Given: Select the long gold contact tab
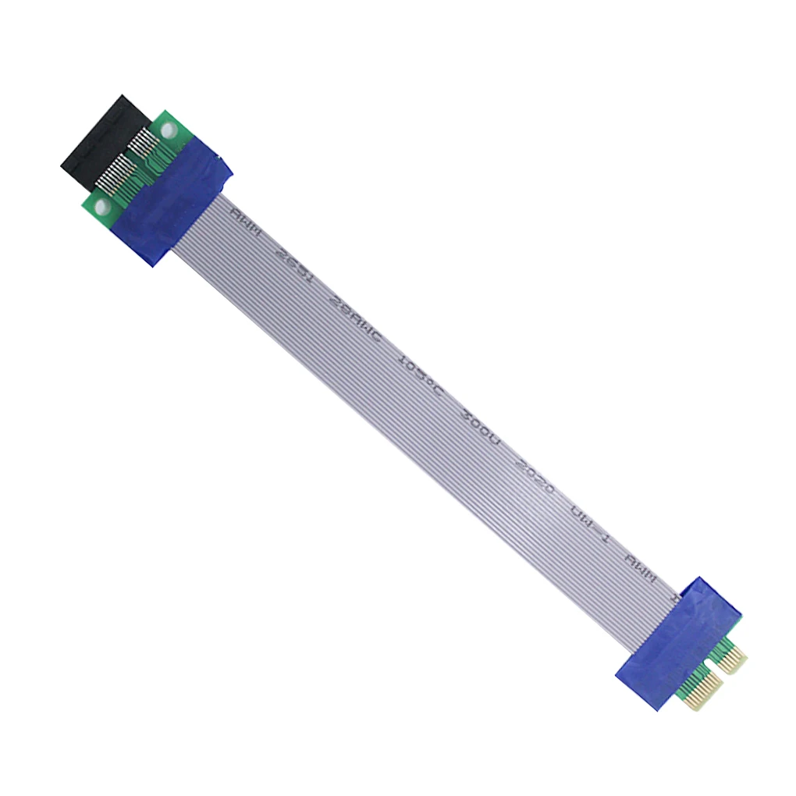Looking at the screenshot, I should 698,691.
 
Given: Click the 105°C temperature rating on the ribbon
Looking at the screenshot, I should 420,374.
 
